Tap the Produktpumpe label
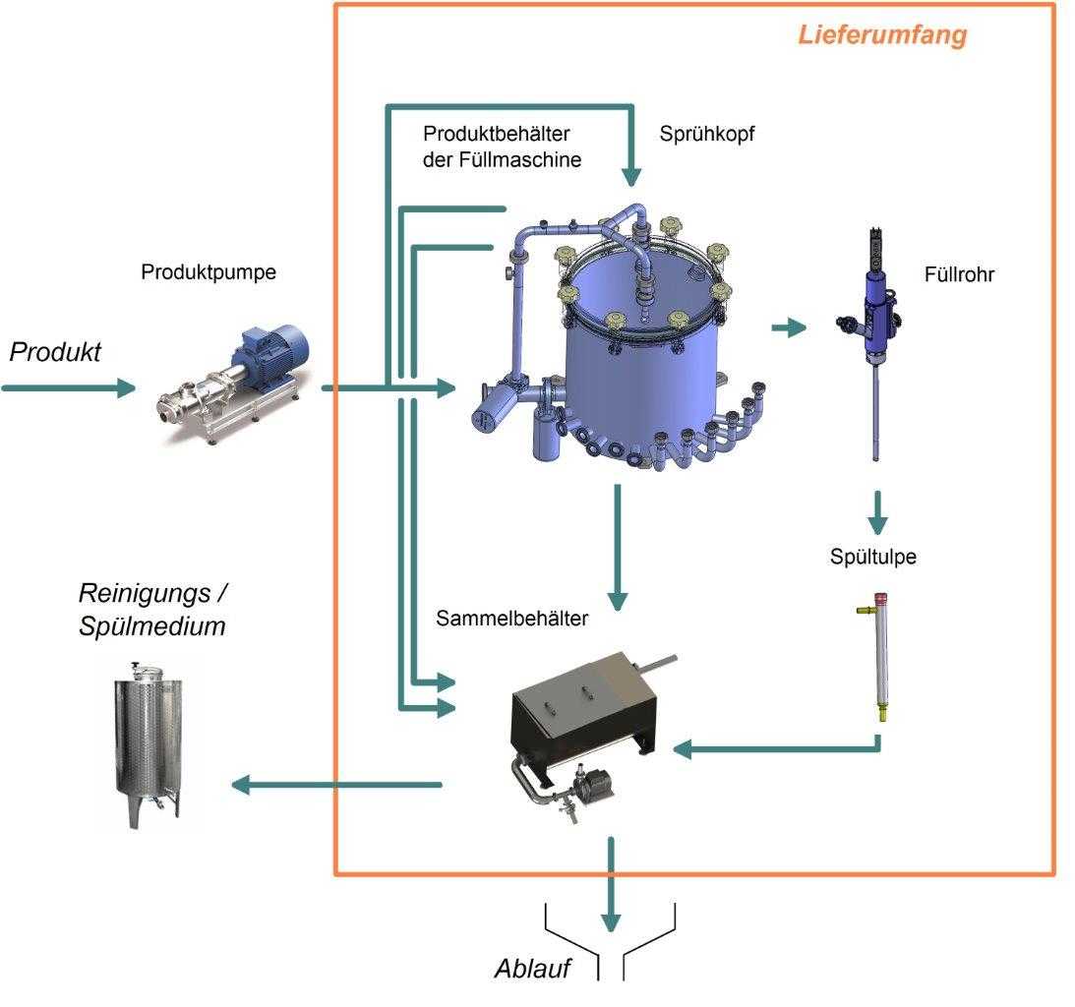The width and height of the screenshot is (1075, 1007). coord(209,272)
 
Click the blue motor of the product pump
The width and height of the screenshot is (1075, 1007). coord(269,355)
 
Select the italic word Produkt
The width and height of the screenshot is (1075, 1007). coord(55,353)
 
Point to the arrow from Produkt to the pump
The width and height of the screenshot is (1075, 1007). coord(69,387)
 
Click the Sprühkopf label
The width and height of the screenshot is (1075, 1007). coord(707,134)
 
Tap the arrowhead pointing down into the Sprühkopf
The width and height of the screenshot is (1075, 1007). coord(631,177)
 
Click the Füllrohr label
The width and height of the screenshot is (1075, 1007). coord(959,275)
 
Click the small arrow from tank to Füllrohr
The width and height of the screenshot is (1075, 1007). coord(788,327)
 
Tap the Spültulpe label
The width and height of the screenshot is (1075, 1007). coord(872,558)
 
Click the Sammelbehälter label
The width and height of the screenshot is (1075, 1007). coord(511,619)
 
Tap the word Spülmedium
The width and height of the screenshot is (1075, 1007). coord(152,625)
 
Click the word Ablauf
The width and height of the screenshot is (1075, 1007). coord(532,968)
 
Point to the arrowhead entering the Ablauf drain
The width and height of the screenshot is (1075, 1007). coord(611,920)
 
